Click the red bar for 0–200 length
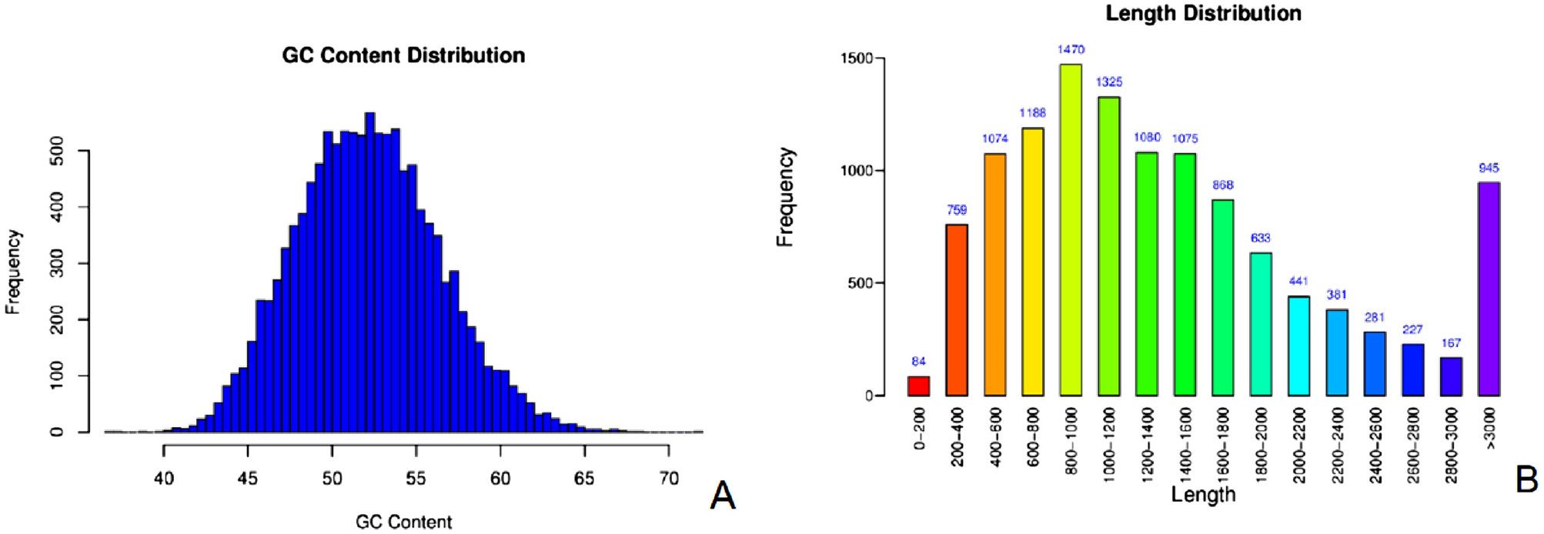pos(918,386)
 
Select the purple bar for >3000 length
pos(1489,289)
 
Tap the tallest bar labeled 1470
pos(1071,230)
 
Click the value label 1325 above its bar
pos(1109,82)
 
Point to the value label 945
pos(1489,168)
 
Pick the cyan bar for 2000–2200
pos(1298,346)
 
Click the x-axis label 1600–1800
pos(1223,446)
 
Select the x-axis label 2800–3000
pos(1451,446)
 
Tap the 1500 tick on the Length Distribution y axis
pos(856,58)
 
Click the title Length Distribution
pos(1203,13)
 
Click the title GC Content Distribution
pos(403,55)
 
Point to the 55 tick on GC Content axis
pos(416,479)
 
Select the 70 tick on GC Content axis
pos(669,479)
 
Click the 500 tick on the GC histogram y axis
pos(56,151)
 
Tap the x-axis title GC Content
pos(403,522)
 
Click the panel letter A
pos(722,496)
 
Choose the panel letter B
pos(1526,479)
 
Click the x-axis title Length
pos(1203,495)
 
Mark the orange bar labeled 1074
pos(994,275)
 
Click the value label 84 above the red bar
pos(918,362)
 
